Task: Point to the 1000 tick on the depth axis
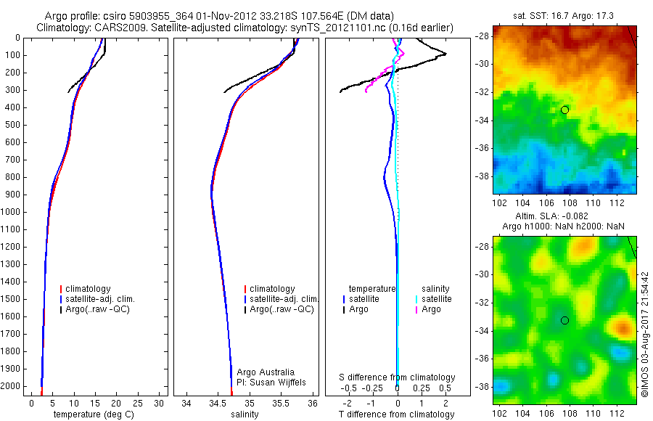point(14,212)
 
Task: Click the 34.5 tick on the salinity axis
point(218,402)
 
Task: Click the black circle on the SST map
point(564,110)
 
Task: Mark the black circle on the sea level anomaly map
point(564,320)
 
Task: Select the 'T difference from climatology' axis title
point(397,414)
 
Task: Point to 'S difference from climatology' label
point(397,377)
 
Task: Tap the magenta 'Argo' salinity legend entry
point(431,309)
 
